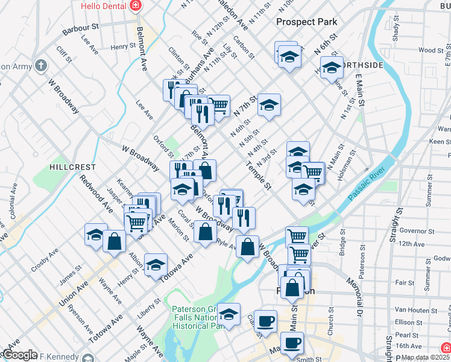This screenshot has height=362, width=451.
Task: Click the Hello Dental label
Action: click(104, 6)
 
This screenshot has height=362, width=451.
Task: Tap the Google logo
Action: click(19, 355)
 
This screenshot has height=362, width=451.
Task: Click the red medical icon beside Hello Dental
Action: click(136, 6)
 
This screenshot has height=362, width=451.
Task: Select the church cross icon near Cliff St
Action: click(40, 65)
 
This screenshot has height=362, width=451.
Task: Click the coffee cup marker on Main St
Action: click(292, 343)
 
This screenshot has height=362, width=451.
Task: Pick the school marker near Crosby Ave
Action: click(96, 235)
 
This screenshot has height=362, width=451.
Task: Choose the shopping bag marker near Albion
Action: click(114, 241)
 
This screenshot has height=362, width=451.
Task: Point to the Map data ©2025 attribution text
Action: click(425, 357)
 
